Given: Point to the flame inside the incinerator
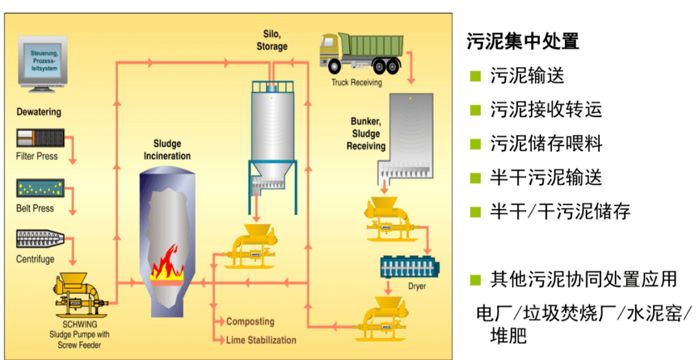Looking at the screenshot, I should (x=167, y=262).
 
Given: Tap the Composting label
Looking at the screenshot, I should (x=250, y=322).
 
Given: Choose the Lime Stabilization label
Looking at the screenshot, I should (x=261, y=340).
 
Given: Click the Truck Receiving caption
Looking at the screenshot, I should (x=357, y=83).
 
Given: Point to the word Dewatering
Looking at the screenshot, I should (x=39, y=112).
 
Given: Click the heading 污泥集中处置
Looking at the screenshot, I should (x=522, y=41).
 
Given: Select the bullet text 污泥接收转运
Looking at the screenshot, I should (x=546, y=109).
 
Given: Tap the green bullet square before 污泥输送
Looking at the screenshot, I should (x=476, y=76).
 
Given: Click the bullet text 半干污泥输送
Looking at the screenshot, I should (x=546, y=177).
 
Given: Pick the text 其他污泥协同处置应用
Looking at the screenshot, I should (x=583, y=280).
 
